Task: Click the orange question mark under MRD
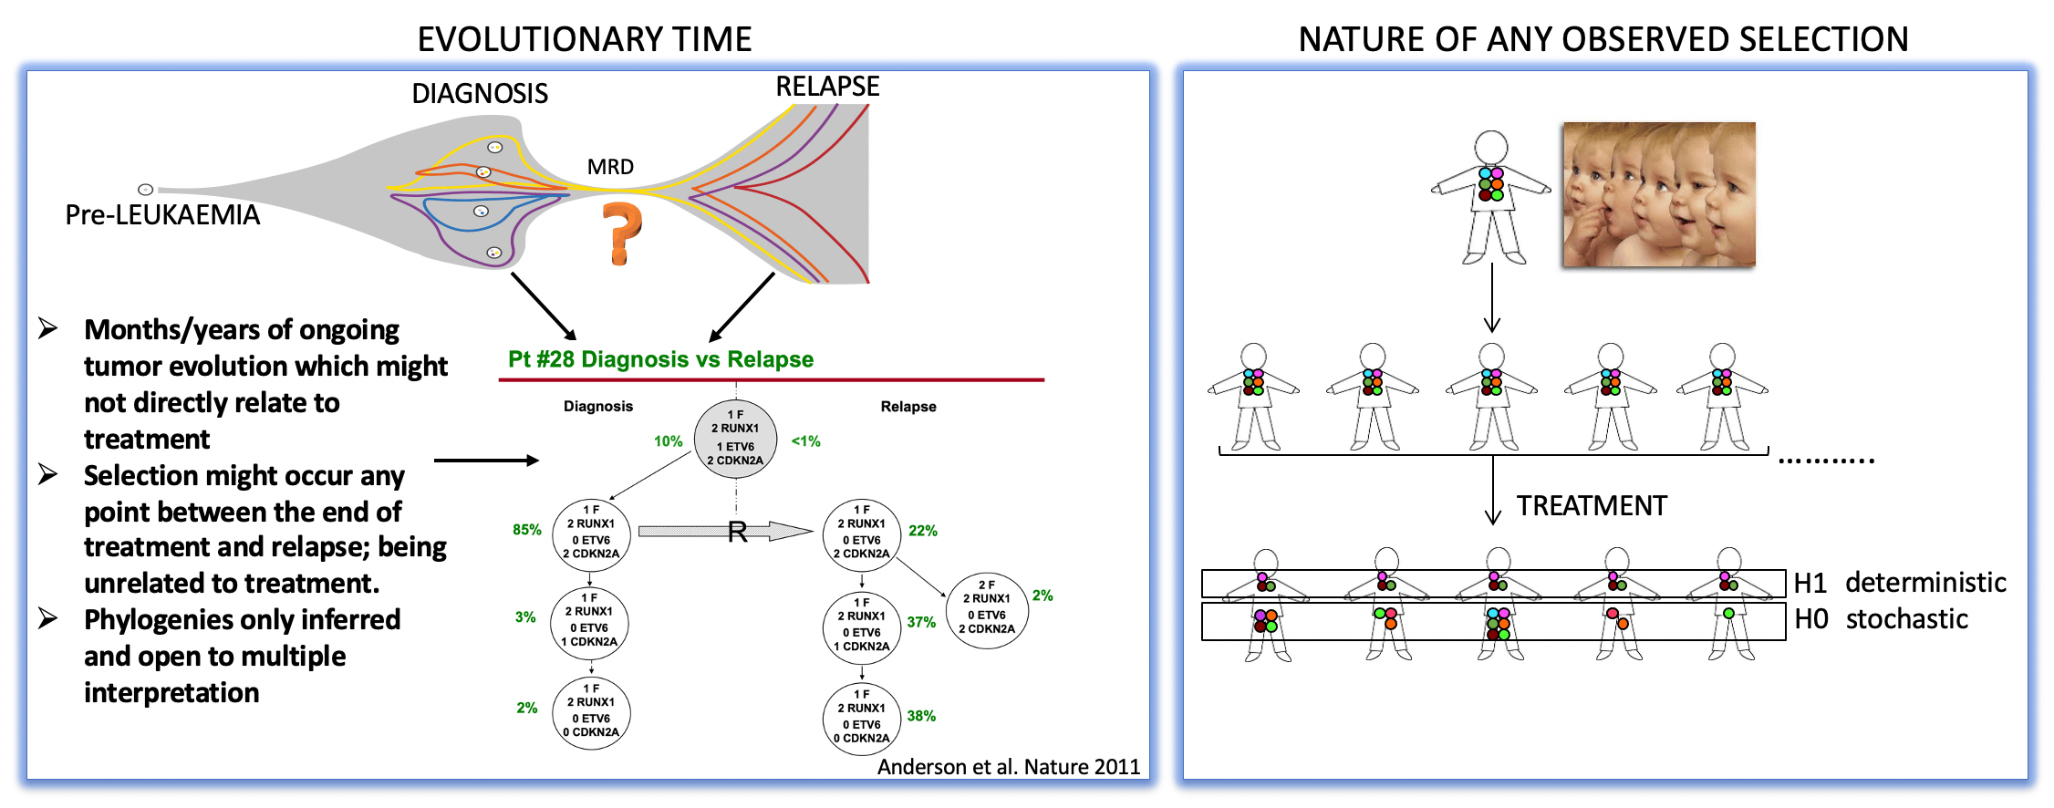click(x=622, y=233)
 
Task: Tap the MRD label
click(x=610, y=167)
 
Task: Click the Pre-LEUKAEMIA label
click(x=162, y=215)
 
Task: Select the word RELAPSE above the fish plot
click(x=827, y=87)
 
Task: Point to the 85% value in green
click(x=527, y=530)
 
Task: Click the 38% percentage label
click(x=921, y=716)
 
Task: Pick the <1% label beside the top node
click(x=805, y=441)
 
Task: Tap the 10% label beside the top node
click(x=668, y=441)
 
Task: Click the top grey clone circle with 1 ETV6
click(x=735, y=439)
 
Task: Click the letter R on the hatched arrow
click(x=738, y=533)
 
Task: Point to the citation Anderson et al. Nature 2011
click(x=1008, y=767)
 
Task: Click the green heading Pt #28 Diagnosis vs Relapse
click(x=660, y=359)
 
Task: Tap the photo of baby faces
click(x=1659, y=194)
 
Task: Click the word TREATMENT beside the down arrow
click(x=1592, y=506)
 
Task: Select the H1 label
click(x=1810, y=583)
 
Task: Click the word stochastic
click(x=1907, y=619)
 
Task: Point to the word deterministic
click(x=1925, y=583)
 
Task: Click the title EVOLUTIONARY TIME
click(x=585, y=39)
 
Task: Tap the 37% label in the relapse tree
click(x=921, y=622)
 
